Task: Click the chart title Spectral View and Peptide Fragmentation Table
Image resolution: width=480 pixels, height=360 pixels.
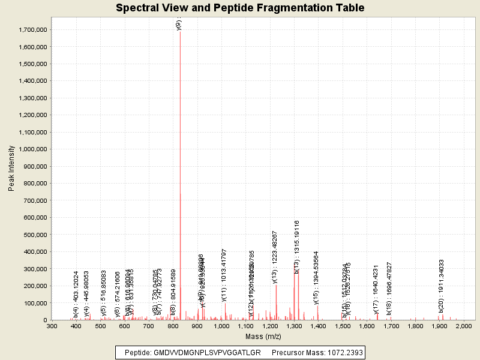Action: pyautogui.click(x=240, y=8)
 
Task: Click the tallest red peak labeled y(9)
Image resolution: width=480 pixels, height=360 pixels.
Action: pyautogui.click(x=180, y=174)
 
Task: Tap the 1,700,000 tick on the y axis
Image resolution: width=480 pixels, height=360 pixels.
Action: pyautogui.click(x=33, y=30)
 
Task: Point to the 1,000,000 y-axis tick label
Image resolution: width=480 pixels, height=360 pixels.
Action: pyautogui.click(x=33, y=149)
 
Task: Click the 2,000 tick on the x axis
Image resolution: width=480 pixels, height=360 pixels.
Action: pyautogui.click(x=464, y=326)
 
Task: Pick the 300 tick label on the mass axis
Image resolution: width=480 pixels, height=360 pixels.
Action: pyautogui.click(x=52, y=326)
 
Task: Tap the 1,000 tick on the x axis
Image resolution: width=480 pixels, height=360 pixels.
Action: pyautogui.click(x=221, y=326)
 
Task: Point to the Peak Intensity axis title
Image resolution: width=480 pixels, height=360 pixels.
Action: pyautogui.click(x=11, y=172)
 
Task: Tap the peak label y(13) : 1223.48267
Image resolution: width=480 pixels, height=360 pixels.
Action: pyautogui.click(x=275, y=257)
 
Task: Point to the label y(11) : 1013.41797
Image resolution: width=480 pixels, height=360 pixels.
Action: pyautogui.click(x=224, y=274)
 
